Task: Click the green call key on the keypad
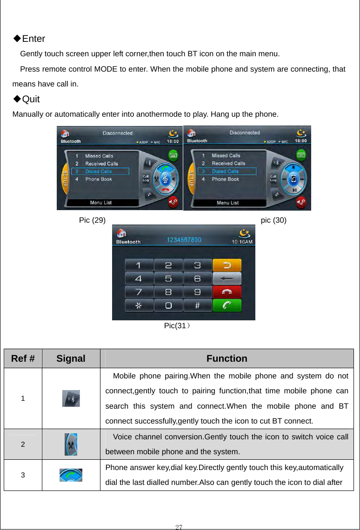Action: (x=227, y=305)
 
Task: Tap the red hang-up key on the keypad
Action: (x=227, y=292)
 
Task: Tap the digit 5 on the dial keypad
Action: (x=168, y=279)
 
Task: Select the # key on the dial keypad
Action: (x=197, y=305)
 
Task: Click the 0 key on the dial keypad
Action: (x=168, y=305)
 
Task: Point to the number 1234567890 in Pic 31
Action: (x=185, y=240)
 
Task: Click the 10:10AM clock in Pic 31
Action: (x=242, y=241)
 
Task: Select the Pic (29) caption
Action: (x=92, y=220)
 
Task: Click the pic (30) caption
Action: (x=273, y=220)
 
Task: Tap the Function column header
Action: (x=227, y=358)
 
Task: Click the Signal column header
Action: (x=71, y=358)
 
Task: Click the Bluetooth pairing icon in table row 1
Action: (x=71, y=398)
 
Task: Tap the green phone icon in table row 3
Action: (x=71, y=475)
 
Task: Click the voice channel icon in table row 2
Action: (x=71, y=444)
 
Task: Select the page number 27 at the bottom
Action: (x=179, y=526)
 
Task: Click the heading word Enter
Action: (x=33, y=39)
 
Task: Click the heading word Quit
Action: (x=31, y=99)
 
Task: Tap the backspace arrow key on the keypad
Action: (x=227, y=278)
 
